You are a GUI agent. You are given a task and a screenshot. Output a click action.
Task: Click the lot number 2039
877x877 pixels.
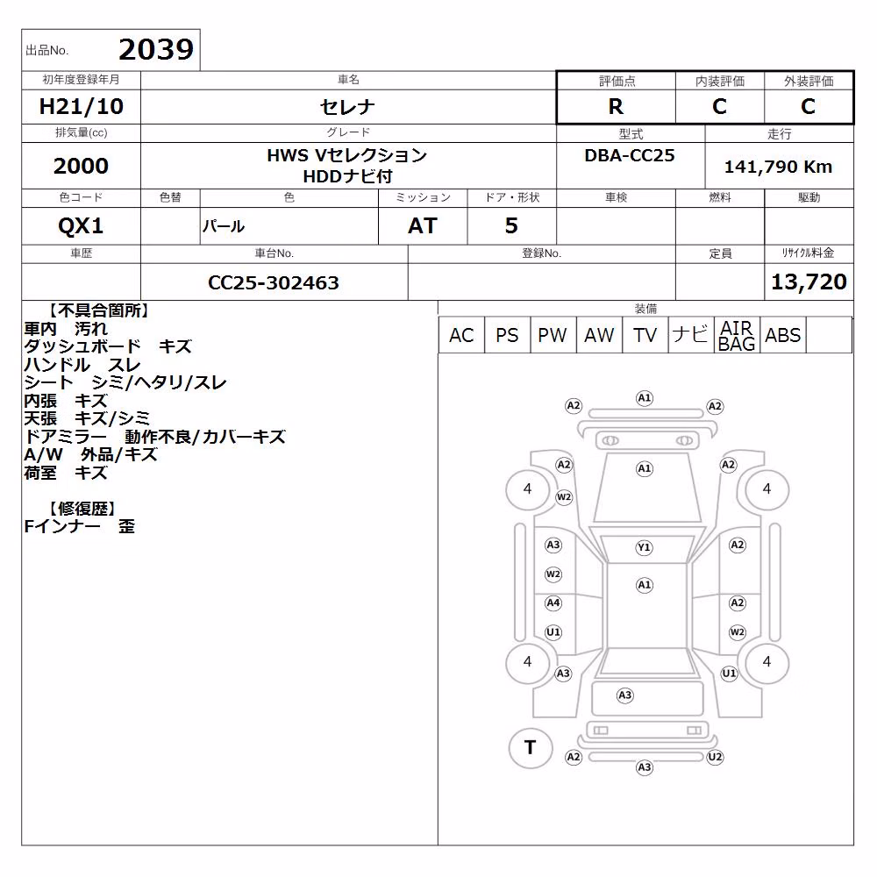(x=156, y=50)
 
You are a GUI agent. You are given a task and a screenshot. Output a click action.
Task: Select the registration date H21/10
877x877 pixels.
(x=81, y=106)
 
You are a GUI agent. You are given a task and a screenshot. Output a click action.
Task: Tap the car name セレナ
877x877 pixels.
(x=347, y=106)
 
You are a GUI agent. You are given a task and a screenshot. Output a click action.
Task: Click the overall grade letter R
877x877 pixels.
(x=616, y=106)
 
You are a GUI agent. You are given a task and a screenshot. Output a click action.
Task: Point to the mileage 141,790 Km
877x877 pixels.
(x=778, y=167)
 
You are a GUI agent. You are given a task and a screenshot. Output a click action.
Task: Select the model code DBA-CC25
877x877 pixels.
(x=630, y=155)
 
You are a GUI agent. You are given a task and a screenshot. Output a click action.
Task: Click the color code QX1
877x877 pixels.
(x=81, y=226)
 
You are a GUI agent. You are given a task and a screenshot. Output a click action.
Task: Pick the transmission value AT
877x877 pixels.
(x=423, y=226)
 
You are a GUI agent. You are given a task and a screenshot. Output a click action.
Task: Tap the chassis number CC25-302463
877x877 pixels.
(x=274, y=282)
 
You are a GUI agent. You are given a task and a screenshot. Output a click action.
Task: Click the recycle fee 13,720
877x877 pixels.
(x=809, y=282)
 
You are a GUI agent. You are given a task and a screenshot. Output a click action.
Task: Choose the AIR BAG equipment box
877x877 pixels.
(x=737, y=335)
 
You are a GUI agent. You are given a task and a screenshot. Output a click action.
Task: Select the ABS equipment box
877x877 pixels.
(x=782, y=335)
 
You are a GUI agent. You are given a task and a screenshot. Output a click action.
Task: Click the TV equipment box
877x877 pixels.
(x=645, y=335)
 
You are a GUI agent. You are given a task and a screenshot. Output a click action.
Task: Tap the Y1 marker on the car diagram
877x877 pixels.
(x=645, y=547)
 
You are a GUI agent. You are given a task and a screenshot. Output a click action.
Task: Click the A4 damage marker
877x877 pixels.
(x=553, y=603)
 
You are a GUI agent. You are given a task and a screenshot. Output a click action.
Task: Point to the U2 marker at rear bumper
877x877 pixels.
(x=715, y=758)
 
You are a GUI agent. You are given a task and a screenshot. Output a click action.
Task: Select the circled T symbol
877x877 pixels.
(x=531, y=748)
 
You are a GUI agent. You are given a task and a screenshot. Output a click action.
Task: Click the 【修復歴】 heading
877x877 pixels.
(x=82, y=509)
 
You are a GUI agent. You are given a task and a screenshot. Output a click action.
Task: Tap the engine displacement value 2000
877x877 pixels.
(x=81, y=166)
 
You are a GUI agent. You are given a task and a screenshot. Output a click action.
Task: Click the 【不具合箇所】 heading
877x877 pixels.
(x=98, y=310)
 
